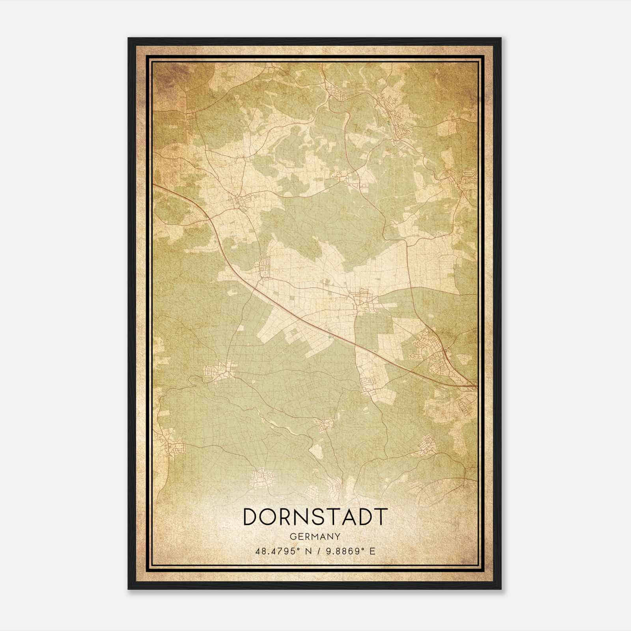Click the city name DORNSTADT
coord(315,517)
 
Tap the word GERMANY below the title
coord(315,536)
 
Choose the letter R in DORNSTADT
coord(288,517)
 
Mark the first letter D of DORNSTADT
coord(251,517)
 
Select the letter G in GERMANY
coord(292,536)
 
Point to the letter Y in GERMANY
coord(338,536)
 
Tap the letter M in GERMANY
coord(315,536)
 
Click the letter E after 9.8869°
coord(372,551)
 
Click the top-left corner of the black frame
coord(129,38)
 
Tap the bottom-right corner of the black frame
coord(501,589)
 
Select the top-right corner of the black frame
coord(501,38)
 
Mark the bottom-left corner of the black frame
coord(129,589)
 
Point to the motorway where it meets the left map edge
coord(154,184)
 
